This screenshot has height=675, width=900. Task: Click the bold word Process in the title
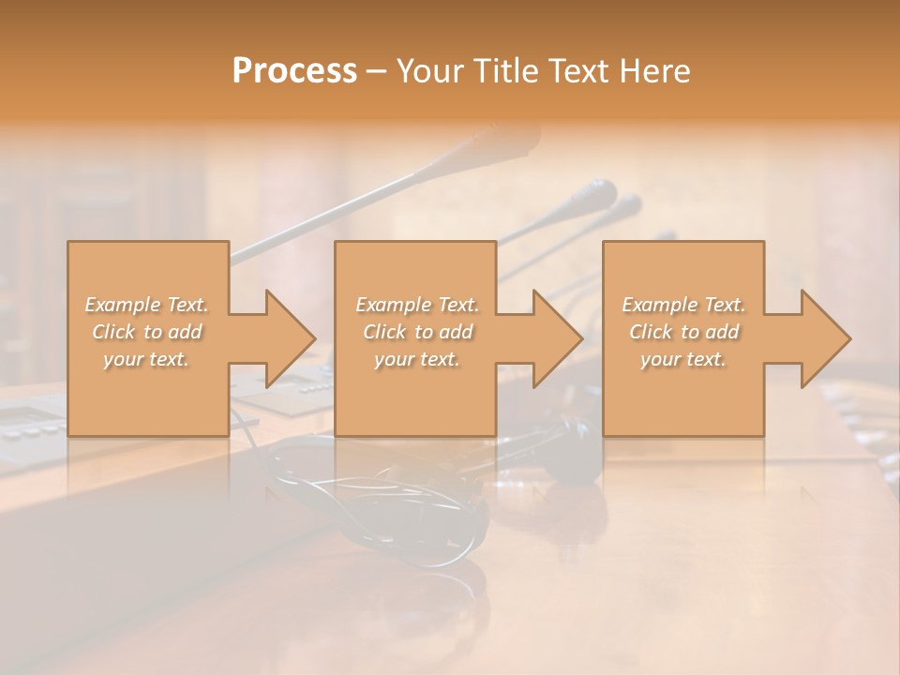294,71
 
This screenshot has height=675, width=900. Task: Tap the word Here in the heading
654,71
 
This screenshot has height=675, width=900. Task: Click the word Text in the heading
578,71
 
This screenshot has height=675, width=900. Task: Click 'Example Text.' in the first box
146,305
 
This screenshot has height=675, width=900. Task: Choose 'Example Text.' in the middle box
416,305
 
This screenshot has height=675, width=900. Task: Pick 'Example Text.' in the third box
683,305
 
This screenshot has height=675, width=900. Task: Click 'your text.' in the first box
146,359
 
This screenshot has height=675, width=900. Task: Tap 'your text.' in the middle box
416,359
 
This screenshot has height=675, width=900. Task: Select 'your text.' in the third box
683,359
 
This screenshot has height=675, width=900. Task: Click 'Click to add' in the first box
146,332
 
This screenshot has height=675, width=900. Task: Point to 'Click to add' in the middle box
416,332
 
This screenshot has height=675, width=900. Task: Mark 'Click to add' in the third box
683,332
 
